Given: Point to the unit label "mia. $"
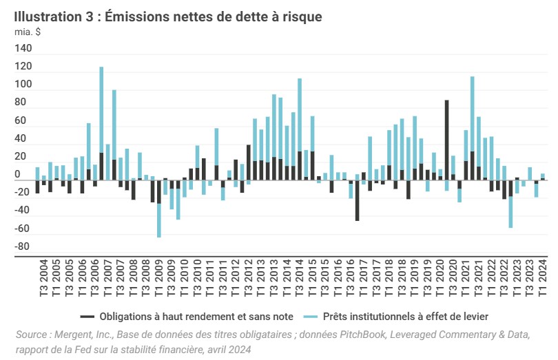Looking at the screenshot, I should tap(27, 32).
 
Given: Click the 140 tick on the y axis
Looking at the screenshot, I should tap(23, 49).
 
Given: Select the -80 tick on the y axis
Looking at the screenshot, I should tap(23, 247).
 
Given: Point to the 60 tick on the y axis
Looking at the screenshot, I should tap(25, 121).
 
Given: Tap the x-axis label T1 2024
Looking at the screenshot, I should tap(543, 282).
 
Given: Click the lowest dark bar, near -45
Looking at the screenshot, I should tap(357, 200).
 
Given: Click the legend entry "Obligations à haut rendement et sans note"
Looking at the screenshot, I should tap(186, 316).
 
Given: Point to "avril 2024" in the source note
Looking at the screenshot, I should tap(227, 349).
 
